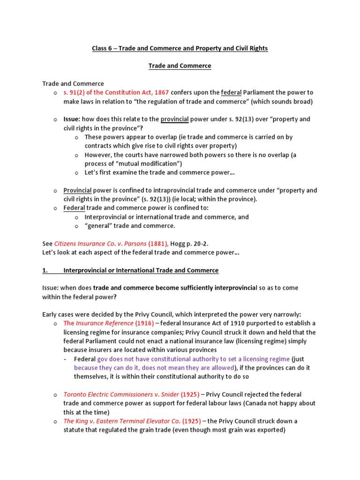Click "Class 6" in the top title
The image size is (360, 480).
102,48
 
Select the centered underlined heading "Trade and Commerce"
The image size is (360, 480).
180,66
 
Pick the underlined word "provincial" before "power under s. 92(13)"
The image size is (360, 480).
174,119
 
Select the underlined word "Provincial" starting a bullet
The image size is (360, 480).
77,190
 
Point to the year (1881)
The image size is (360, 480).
158,244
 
